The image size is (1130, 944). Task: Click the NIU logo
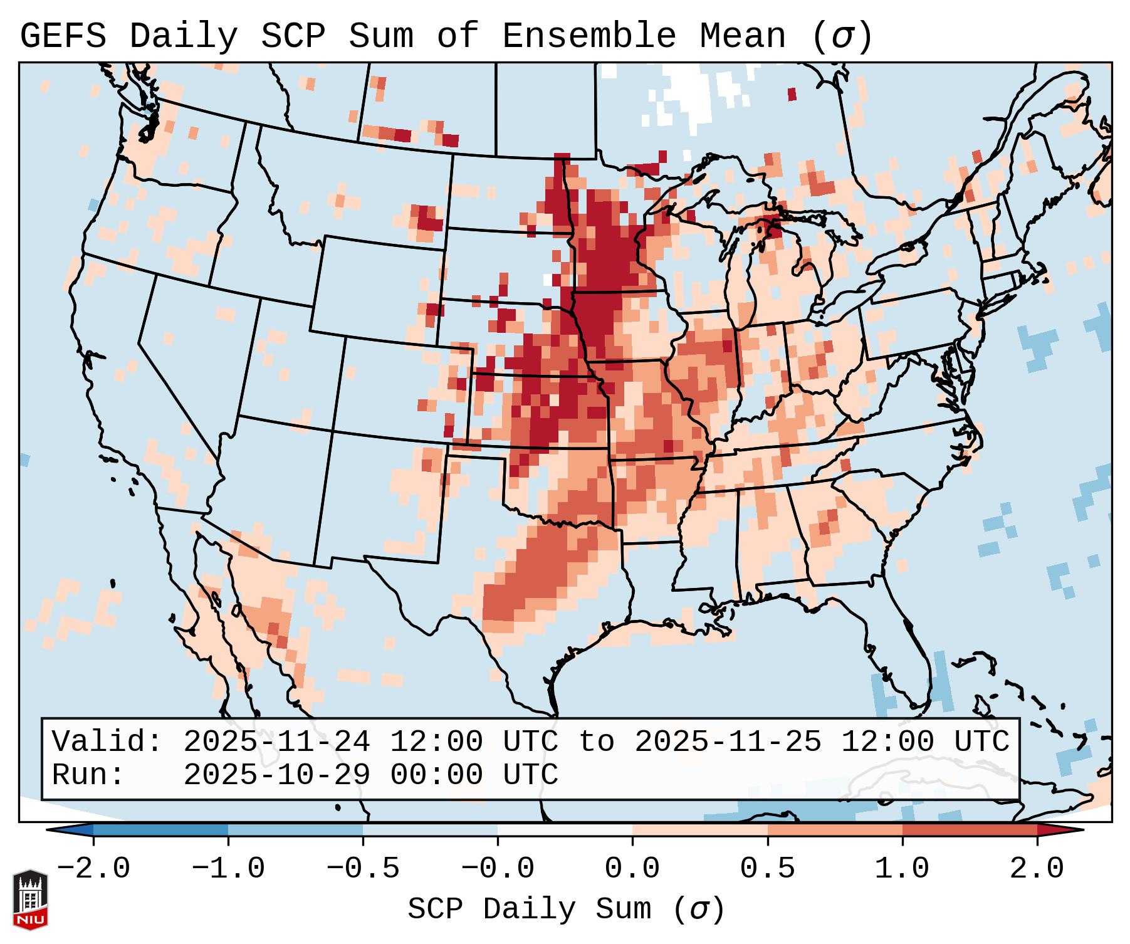tap(30, 899)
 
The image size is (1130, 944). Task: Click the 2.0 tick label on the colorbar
tap(1037, 869)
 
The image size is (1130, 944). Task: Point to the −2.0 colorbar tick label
tap(93, 869)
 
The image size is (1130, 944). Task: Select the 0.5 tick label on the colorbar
tap(767, 869)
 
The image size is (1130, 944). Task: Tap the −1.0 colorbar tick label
tap(228, 869)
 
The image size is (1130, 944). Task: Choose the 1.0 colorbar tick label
tap(902, 869)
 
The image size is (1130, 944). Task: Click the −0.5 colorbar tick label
tap(363, 869)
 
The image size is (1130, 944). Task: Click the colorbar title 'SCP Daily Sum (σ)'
tap(565, 909)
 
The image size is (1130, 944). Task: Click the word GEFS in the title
tap(63, 36)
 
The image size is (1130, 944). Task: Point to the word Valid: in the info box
tap(107, 742)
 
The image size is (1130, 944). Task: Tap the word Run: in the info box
tap(88, 775)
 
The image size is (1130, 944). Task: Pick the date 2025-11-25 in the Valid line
tap(728, 742)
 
